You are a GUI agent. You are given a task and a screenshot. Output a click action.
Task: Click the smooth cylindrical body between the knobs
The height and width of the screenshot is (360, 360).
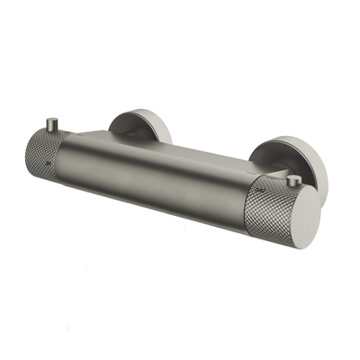click(162, 184)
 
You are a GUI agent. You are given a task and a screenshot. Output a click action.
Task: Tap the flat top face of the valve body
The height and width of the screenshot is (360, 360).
click(162, 144)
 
